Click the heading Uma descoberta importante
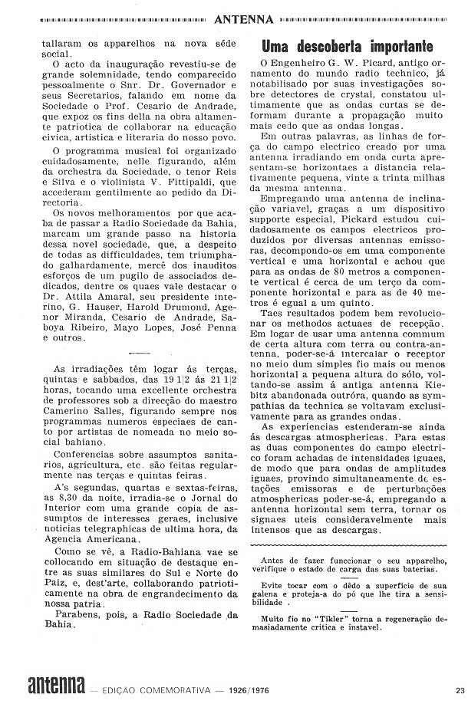(348, 46)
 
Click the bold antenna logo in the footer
(56, 685)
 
